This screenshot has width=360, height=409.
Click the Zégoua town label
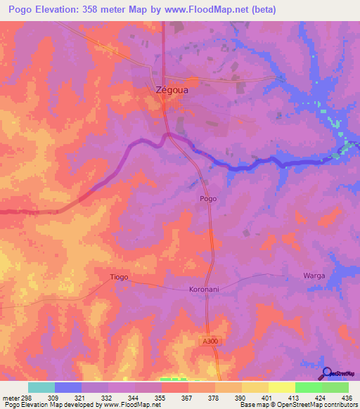172,90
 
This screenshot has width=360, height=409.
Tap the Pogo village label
208,199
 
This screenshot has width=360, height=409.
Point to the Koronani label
205,290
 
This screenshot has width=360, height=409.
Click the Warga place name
314,275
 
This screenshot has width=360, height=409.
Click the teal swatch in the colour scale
41,387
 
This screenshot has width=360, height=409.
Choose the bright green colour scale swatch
309,387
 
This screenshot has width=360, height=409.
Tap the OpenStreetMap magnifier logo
328,373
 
